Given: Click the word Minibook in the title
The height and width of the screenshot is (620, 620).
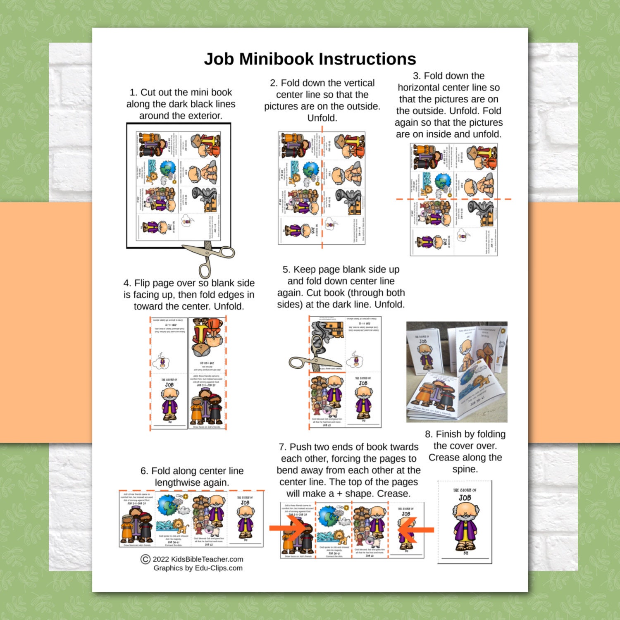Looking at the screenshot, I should (x=277, y=59).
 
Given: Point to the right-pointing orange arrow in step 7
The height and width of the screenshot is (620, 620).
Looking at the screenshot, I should (x=288, y=528).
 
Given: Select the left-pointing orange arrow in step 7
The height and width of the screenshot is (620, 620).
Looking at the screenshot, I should (x=415, y=529).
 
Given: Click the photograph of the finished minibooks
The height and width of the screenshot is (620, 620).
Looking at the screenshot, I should (x=457, y=372).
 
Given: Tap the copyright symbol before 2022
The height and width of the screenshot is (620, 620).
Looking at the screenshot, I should (x=145, y=559).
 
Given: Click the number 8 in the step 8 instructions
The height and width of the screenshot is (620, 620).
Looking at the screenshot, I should (x=429, y=434).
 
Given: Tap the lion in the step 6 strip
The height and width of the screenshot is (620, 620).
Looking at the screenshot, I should (x=180, y=528).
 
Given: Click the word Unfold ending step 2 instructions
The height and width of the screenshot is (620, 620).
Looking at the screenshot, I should (x=322, y=118).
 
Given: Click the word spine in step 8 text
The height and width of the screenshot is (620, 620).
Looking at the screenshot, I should (x=465, y=470).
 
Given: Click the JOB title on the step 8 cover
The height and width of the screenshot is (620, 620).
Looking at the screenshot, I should (x=465, y=498).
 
